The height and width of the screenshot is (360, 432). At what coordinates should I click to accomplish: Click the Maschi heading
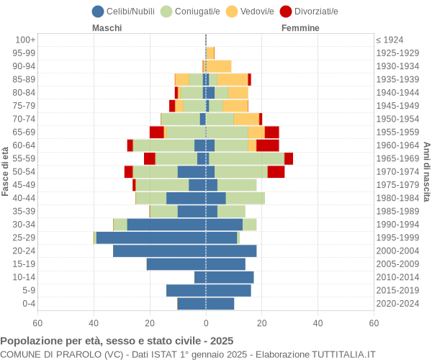click(x=107, y=28)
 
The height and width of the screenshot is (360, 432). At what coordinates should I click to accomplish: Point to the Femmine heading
click(x=300, y=28)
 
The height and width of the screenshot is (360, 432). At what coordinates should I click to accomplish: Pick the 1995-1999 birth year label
click(x=397, y=238)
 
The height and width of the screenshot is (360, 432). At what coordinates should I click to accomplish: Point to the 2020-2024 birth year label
click(x=397, y=303)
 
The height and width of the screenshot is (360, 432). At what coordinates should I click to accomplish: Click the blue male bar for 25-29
click(x=151, y=238)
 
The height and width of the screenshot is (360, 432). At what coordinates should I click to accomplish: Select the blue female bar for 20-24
click(x=231, y=251)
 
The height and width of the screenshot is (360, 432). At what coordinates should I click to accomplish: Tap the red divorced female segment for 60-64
click(x=267, y=145)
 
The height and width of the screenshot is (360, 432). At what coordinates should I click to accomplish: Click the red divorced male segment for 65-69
click(x=156, y=132)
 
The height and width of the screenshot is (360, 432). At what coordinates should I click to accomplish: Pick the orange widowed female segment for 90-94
click(x=220, y=66)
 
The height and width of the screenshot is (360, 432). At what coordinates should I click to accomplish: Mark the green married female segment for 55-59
click(x=246, y=158)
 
